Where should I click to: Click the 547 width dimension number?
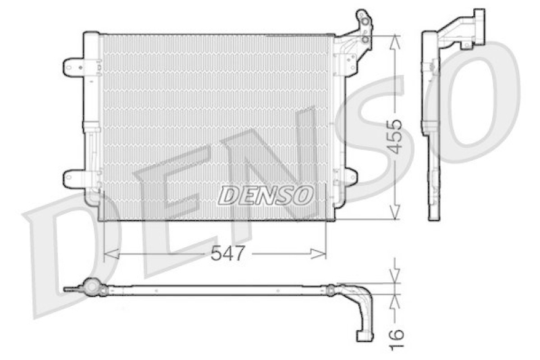pos(227,253)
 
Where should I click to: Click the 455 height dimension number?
pos(394,136)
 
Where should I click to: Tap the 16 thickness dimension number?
pos(396,339)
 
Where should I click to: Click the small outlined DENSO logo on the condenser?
pos(266,195)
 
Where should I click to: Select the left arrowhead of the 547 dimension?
pos(111,254)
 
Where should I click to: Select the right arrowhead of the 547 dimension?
pos(318,254)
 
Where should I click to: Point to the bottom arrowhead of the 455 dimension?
pos(396,212)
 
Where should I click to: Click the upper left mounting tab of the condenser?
pos(74,68)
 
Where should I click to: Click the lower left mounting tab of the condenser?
pos(74,179)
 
